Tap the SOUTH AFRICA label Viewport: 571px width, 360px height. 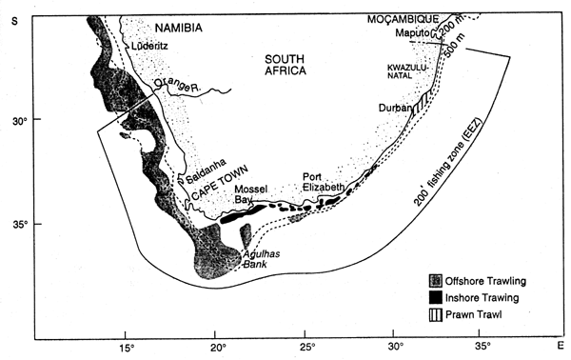(299, 73)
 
